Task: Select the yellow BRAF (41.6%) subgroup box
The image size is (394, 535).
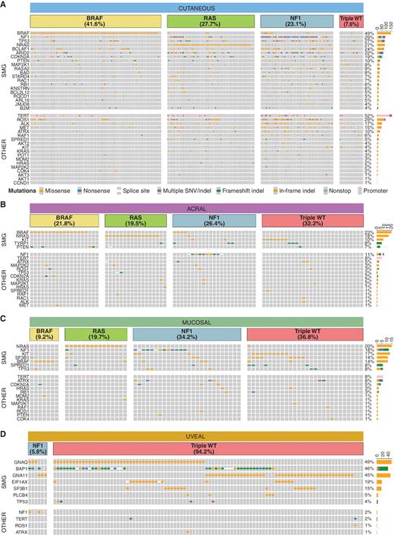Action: coord(95,22)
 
